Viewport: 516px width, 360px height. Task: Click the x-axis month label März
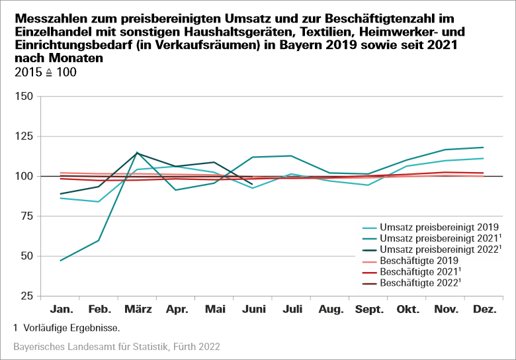[x=137, y=309]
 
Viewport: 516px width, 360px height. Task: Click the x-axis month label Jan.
[x=60, y=309]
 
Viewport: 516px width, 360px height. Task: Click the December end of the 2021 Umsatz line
[x=484, y=148]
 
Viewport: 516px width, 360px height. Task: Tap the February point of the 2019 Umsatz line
[x=99, y=202]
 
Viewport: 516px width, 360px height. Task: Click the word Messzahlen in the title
[x=44, y=17]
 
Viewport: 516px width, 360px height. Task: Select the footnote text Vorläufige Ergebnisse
[x=70, y=328]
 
